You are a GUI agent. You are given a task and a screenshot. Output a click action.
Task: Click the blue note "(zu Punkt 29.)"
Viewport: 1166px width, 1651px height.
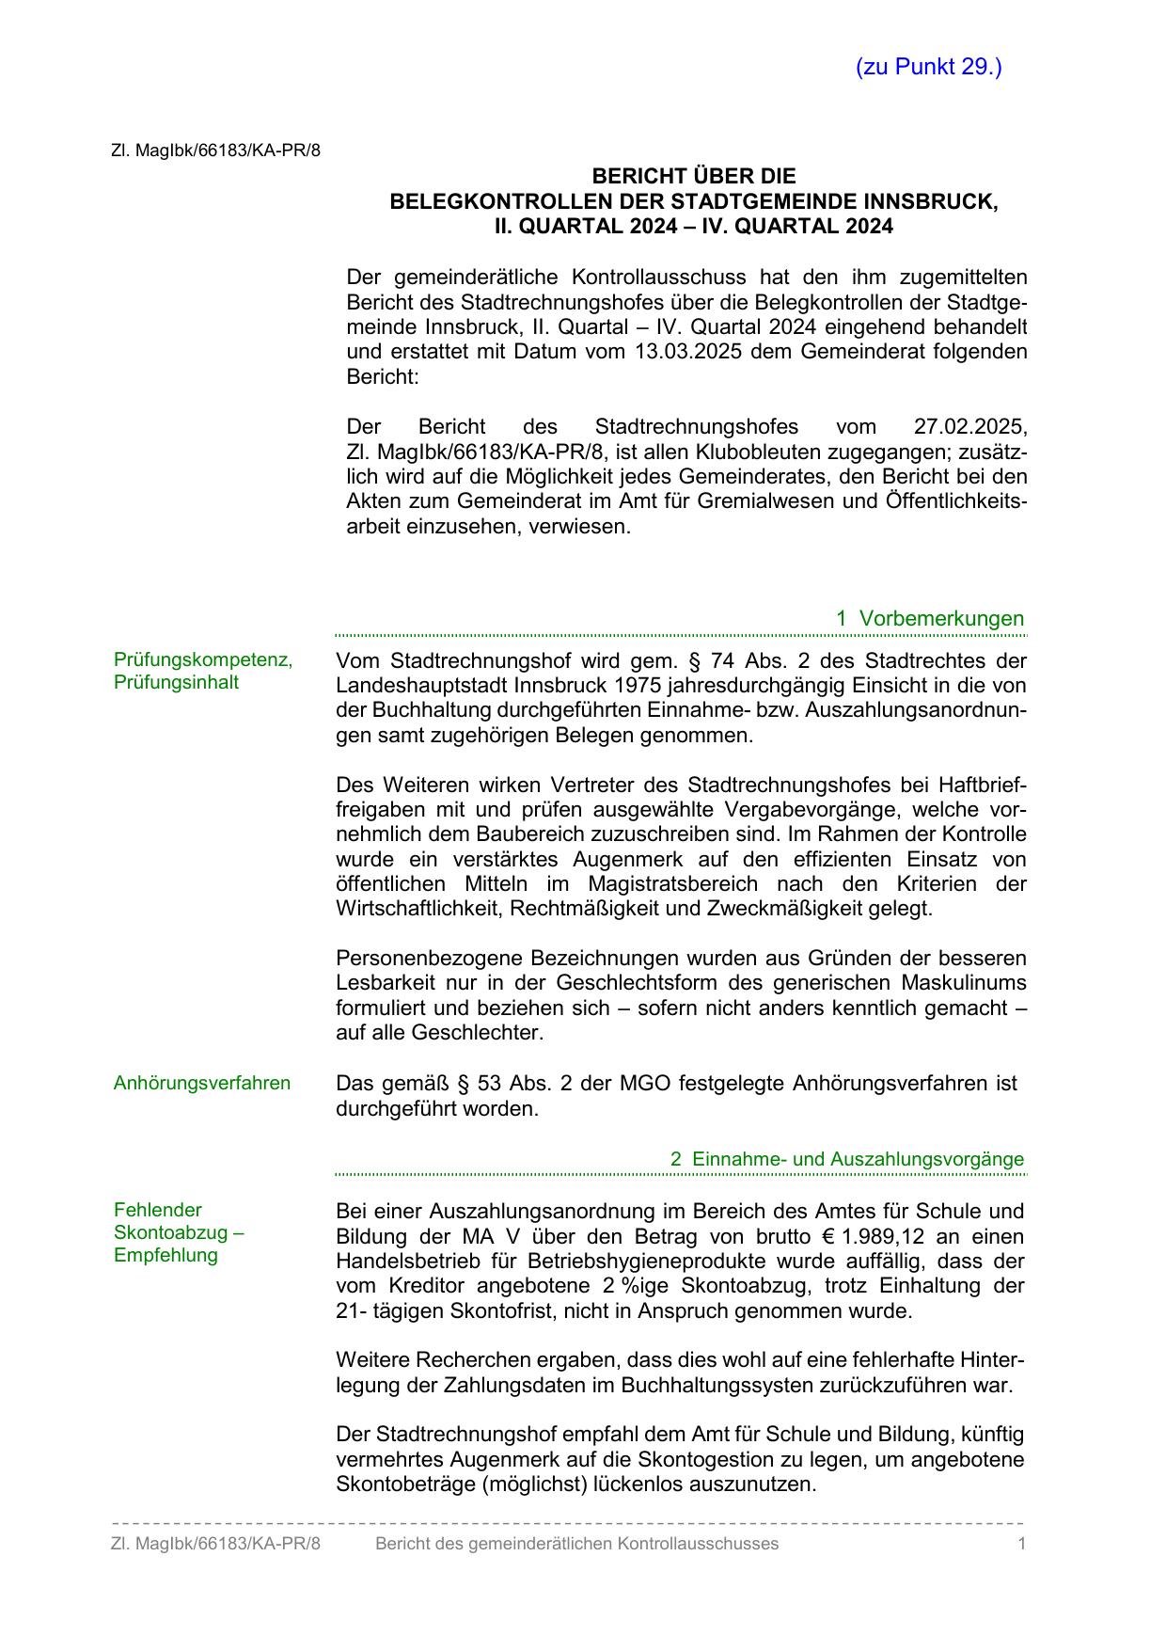[x=928, y=67]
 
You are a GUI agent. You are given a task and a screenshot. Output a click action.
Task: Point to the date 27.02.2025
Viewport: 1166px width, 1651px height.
[x=970, y=426]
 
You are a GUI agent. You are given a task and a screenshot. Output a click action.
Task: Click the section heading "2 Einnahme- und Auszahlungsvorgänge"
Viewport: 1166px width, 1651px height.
[x=846, y=1159]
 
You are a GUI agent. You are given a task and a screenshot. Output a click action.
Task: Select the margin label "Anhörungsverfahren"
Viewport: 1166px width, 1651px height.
[x=202, y=1083]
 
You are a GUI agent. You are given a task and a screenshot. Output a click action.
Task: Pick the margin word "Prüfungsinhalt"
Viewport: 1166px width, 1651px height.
[x=176, y=682]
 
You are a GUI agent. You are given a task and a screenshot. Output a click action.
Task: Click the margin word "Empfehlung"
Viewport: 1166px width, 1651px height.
[x=165, y=1255]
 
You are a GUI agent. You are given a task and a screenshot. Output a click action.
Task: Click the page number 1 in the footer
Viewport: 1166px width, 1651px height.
[x=1021, y=1543]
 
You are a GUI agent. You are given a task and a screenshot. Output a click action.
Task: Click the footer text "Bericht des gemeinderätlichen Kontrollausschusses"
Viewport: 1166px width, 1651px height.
[x=576, y=1543]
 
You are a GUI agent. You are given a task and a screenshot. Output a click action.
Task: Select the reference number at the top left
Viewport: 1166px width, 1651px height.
[x=215, y=150]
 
